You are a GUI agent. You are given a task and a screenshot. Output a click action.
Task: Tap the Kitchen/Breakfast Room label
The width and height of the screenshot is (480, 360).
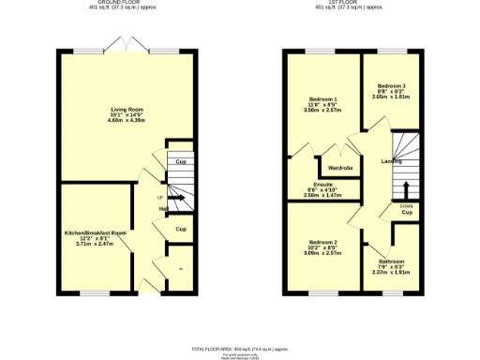pyautogui.click(x=95, y=232)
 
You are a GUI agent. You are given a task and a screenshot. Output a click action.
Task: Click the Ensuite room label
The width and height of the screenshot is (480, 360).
pyautogui.click(x=323, y=185)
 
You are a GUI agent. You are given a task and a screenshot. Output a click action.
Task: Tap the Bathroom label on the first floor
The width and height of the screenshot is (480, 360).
pyautogui.click(x=392, y=261)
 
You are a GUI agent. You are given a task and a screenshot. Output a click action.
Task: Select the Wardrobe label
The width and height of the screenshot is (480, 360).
pyautogui.click(x=338, y=168)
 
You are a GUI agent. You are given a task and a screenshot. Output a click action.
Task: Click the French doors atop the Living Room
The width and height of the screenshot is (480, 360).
pyautogui.click(x=126, y=46)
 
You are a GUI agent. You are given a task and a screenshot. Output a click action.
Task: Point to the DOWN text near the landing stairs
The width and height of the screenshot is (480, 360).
pyautogui.click(x=405, y=205)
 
